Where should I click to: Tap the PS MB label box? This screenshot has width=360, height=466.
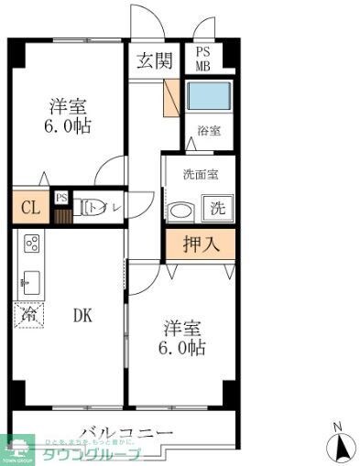click(202, 59)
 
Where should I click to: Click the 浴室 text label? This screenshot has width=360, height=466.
click(208, 131)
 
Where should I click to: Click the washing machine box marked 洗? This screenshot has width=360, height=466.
click(218, 207)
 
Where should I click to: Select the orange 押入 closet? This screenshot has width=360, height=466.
click(199, 244)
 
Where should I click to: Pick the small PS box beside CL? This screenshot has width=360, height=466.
click(60, 197)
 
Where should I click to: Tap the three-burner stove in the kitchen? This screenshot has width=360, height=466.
click(30, 244)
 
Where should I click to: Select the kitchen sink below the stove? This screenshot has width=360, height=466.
click(29, 282)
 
